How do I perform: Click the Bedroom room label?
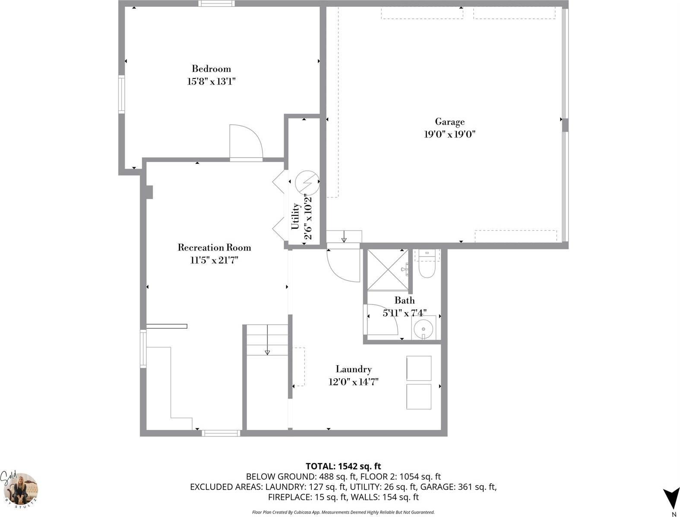pos(211,69)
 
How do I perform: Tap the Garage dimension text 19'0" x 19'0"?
pos(449,134)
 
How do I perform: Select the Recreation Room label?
pos(214,248)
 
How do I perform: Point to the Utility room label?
pos(295,216)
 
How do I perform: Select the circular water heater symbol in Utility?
pos(307,182)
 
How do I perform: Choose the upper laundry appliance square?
pos(419,368)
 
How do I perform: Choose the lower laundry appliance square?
pos(419,397)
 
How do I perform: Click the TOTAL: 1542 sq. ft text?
pos(343,466)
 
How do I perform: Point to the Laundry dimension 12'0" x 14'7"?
pos(354,382)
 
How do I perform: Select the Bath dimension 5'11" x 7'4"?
pos(405,313)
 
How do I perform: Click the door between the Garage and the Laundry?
pos(344,264)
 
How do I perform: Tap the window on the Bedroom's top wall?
pos(217,4)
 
